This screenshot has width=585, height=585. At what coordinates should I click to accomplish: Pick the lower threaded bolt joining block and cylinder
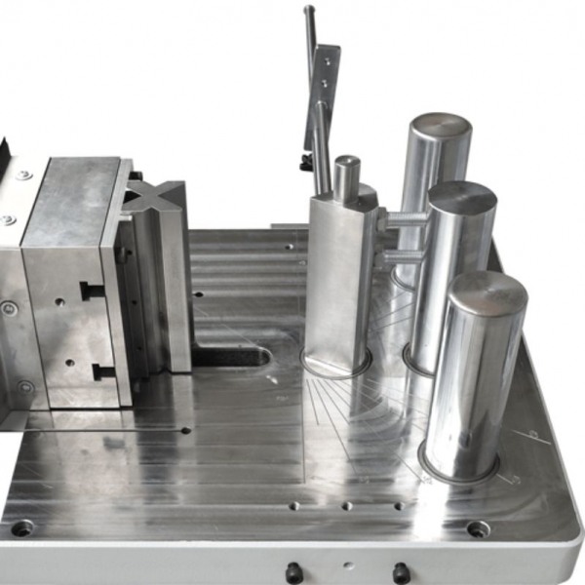[x=401, y=256]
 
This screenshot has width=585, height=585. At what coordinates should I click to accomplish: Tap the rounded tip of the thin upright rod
[x=308, y=12]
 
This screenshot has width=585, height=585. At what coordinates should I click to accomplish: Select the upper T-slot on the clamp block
[x=91, y=290]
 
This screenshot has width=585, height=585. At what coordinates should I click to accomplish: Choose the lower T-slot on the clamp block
[x=102, y=370]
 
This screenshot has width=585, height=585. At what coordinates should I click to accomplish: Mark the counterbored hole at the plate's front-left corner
[x=21, y=527]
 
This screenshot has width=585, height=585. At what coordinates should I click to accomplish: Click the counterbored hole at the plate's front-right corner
[x=478, y=528]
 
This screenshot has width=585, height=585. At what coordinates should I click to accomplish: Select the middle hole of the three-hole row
[x=346, y=506]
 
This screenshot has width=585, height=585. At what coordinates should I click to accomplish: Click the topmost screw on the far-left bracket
[x=21, y=175]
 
